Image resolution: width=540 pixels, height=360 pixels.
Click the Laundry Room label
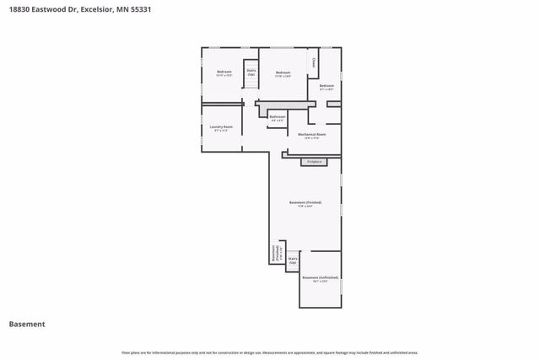(x=222, y=126)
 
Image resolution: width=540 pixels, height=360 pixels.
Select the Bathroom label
(x=278, y=116)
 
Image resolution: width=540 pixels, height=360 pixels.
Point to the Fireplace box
(x=314, y=161)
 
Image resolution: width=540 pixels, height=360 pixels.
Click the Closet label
(x=313, y=62)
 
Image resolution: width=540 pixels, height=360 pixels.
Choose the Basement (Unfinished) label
(x=320, y=277)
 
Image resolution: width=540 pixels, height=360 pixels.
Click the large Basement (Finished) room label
(x=305, y=203)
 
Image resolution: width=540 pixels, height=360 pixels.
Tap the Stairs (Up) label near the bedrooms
(x=251, y=73)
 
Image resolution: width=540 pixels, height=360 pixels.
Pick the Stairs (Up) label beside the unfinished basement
(x=293, y=261)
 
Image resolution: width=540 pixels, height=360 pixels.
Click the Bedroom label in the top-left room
(x=224, y=73)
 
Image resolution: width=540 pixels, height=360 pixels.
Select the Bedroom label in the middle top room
(x=283, y=73)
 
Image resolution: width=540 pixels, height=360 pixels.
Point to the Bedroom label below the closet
(x=327, y=85)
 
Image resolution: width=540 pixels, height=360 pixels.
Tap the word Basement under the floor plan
(x=27, y=324)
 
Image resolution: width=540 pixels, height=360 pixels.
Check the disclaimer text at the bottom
(x=270, y=352)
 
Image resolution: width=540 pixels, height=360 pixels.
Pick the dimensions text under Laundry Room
(x=222, y=131)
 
